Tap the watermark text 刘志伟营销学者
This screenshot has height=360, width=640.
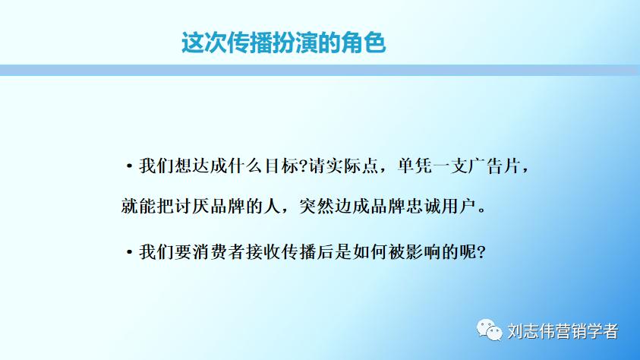[563, 331]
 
